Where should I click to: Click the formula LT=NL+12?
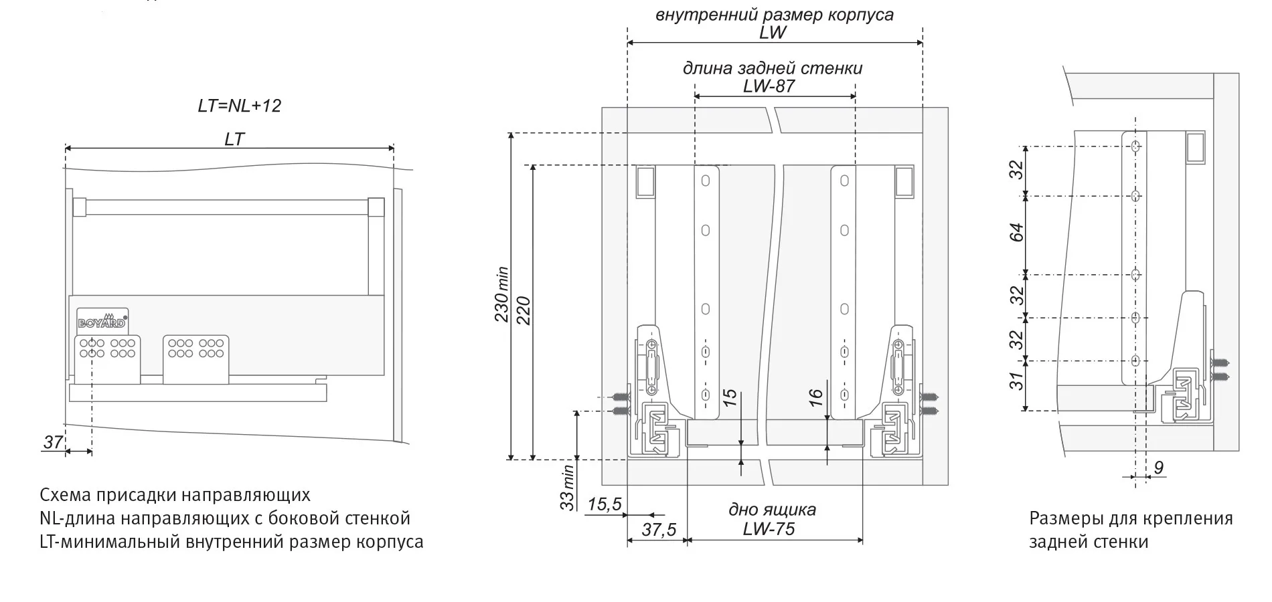point(239,106)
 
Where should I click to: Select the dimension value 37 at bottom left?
point(53,442)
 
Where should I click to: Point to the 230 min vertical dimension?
point(501,294)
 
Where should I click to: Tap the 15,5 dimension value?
point(604,504)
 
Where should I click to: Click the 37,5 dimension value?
point(659,530)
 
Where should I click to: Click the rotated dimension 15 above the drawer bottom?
point(730,395)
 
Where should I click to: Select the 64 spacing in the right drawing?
point(1017,233)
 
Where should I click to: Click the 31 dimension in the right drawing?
point(1017,381)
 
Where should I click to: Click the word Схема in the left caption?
point(67,495)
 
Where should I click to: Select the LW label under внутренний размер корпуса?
point(773,32)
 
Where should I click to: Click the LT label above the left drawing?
point(234,139)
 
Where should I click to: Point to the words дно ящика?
point(772,510)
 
